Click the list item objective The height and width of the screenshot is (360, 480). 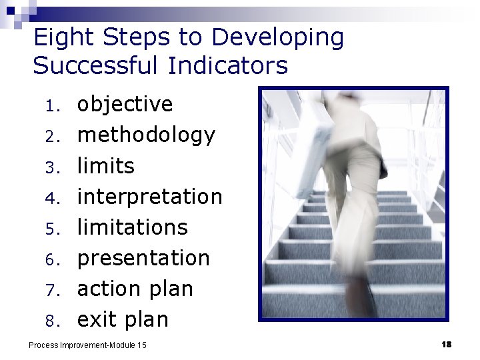pos(125,105)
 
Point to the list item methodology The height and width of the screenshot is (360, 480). pos(146,135)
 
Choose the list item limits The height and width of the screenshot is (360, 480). pos(106,165)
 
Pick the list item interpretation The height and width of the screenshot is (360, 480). pos(150,197)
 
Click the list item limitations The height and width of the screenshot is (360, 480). pos(133,227)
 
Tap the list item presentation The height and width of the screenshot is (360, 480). pos(143,258)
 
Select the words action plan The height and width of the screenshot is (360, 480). pos(135,289)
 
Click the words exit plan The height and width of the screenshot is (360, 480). pos(123,319)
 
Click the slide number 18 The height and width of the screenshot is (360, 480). pos(446,344)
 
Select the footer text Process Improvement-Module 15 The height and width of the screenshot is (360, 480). pos(87,345)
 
